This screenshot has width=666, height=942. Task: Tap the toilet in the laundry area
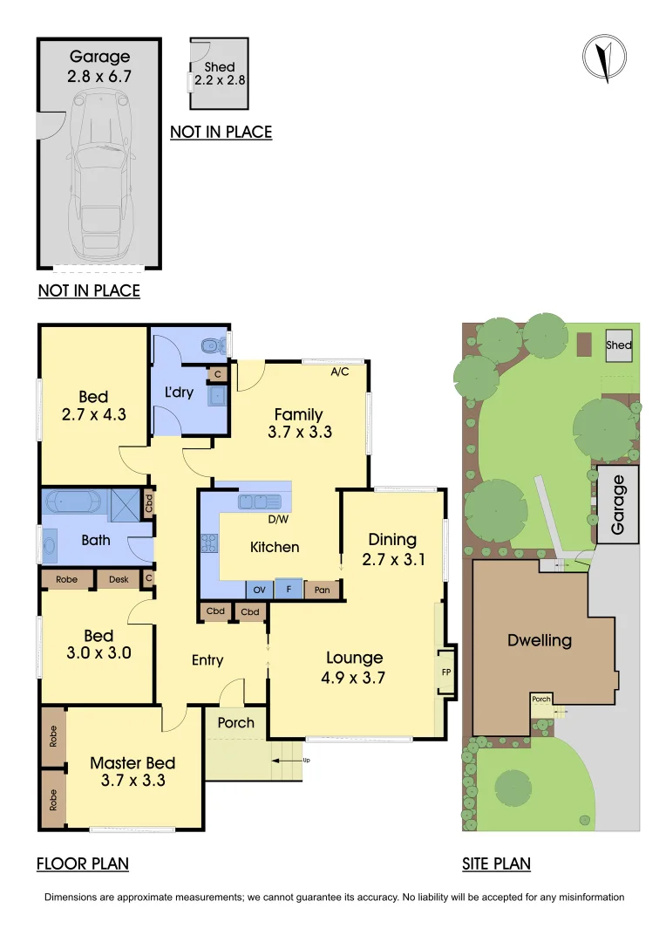pos(210,346)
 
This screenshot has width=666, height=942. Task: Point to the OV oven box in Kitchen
pos(260,590)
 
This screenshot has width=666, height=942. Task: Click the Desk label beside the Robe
pos(116,578)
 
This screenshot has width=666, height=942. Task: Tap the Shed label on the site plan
pos(619,345)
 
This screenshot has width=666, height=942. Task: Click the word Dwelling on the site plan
pos(540,641)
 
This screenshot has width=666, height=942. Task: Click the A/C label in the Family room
pos(340,372)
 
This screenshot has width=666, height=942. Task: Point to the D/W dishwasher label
pos(278,520)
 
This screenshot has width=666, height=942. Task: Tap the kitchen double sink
pos(260,502)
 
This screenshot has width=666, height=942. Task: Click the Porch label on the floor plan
pos(235,722)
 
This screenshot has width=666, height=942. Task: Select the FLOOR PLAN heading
pos(83,864)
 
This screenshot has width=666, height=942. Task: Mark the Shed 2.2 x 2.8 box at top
pos(220,73)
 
